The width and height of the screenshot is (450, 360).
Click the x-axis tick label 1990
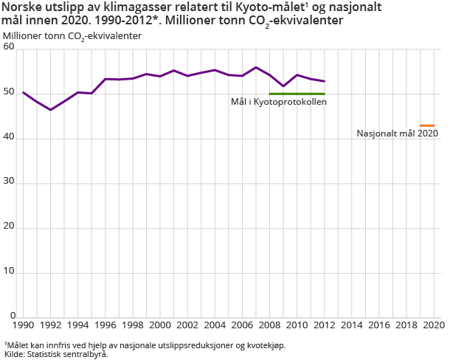pos(23,325)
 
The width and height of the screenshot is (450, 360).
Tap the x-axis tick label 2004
pos(215,325)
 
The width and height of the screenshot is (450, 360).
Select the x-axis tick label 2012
pos(325,325)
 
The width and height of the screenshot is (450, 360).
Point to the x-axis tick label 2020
pos(434,325)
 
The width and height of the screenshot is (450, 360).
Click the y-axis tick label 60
pos(9,49)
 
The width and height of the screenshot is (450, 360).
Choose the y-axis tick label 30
pos(9,183)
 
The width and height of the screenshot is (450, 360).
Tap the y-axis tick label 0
pos(12,317)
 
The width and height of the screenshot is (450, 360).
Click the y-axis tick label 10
pos(9,273)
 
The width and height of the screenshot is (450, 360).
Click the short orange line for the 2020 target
pos(426,125)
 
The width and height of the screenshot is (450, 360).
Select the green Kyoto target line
pos(297,94)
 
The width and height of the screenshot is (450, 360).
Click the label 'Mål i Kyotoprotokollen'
pos(278,102)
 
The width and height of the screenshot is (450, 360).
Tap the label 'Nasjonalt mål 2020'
pos(397,134)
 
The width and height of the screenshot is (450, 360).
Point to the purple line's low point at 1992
pos(50,110)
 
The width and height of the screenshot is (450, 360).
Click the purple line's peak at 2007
pos(256,67)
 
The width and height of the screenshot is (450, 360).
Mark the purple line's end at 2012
pos(325,81)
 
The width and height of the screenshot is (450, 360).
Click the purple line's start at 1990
pos(23,92)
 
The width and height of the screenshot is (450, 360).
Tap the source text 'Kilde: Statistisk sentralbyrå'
pos(56,354)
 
